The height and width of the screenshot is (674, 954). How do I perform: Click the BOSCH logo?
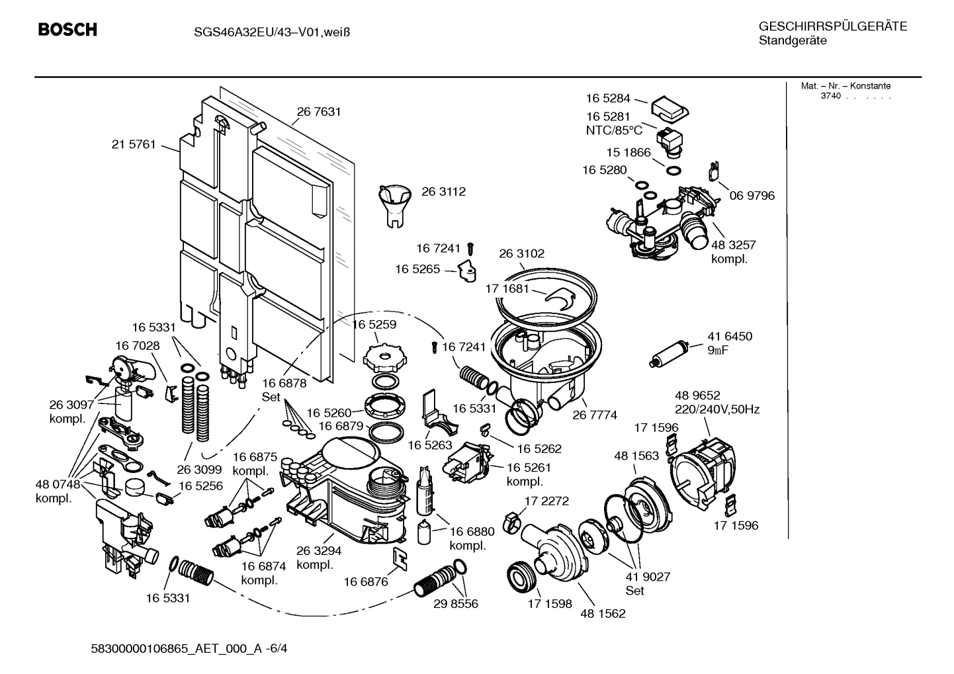(67, 30)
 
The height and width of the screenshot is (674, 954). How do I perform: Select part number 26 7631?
(319, 112)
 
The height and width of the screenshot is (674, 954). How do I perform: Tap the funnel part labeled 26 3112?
(394, 204)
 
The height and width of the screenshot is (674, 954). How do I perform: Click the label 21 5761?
(134, 144)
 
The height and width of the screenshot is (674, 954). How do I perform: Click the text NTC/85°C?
(614, 130)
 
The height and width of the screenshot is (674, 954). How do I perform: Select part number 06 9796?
(752, 196)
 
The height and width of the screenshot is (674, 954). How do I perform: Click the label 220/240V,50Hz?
(717, 409)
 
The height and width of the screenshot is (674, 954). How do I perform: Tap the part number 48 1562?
(603, 613)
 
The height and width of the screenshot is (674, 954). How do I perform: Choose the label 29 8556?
(456, 603)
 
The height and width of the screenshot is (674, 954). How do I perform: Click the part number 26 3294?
(319, 551)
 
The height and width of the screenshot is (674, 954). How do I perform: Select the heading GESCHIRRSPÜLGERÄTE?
(833, 27)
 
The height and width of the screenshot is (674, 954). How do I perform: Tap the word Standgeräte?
(792, 41)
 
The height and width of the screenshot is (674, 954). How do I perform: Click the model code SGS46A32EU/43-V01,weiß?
(263, 32)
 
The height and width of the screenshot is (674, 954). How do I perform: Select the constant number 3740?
(830, 97)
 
